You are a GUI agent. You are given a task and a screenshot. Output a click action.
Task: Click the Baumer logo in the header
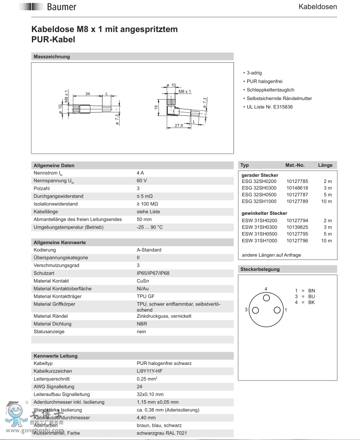pos(54,7)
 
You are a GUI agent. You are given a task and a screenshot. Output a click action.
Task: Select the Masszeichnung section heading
pos(51,56)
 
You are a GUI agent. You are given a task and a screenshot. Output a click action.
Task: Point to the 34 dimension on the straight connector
pos(88,93)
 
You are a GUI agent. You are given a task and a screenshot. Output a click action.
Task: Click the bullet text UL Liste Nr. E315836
pos(269,106)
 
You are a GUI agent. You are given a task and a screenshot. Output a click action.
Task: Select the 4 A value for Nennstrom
pos(140,173)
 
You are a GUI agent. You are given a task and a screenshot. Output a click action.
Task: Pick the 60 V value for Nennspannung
pos(142,181)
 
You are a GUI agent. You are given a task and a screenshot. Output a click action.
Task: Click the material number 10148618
pos(297,188)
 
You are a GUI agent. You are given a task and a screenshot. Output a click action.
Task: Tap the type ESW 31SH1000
pos(259,241)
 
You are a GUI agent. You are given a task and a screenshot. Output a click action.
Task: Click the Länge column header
pos(325,165)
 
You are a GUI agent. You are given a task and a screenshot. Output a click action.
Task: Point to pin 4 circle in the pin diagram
pos(266,298)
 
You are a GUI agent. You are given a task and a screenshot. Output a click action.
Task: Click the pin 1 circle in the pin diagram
pos(277,310)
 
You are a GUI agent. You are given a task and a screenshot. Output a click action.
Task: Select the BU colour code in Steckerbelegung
pos(312,297)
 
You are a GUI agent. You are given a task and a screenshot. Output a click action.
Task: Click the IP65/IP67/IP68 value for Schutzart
pos(153,273)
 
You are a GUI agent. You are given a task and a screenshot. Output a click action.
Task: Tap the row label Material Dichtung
pos(52,324)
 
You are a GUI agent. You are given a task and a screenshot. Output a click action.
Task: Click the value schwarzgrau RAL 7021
pos(161,433)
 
